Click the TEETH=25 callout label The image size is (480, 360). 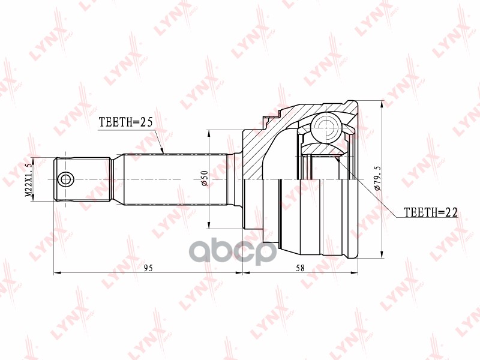pos(125,122)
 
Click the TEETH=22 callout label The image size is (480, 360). pos(431,212)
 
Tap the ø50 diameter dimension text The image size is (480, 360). pos(205,178)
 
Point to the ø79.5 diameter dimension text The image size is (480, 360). pos(378,178)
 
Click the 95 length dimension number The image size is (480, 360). pos(148,268)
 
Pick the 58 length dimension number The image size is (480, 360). pos(301,268)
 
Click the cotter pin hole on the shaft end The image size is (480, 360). pos(66,179)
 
